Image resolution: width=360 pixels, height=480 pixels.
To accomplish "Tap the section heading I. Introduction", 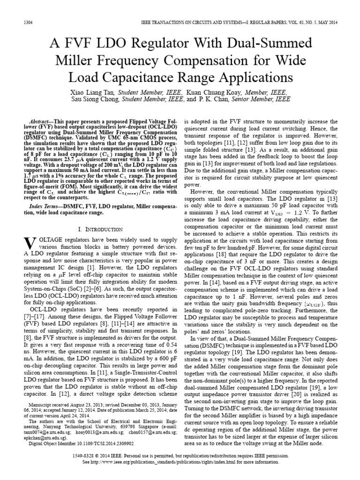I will (x=99, y=229).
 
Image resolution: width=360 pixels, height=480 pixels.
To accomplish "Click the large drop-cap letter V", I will (x=29, y=244).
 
